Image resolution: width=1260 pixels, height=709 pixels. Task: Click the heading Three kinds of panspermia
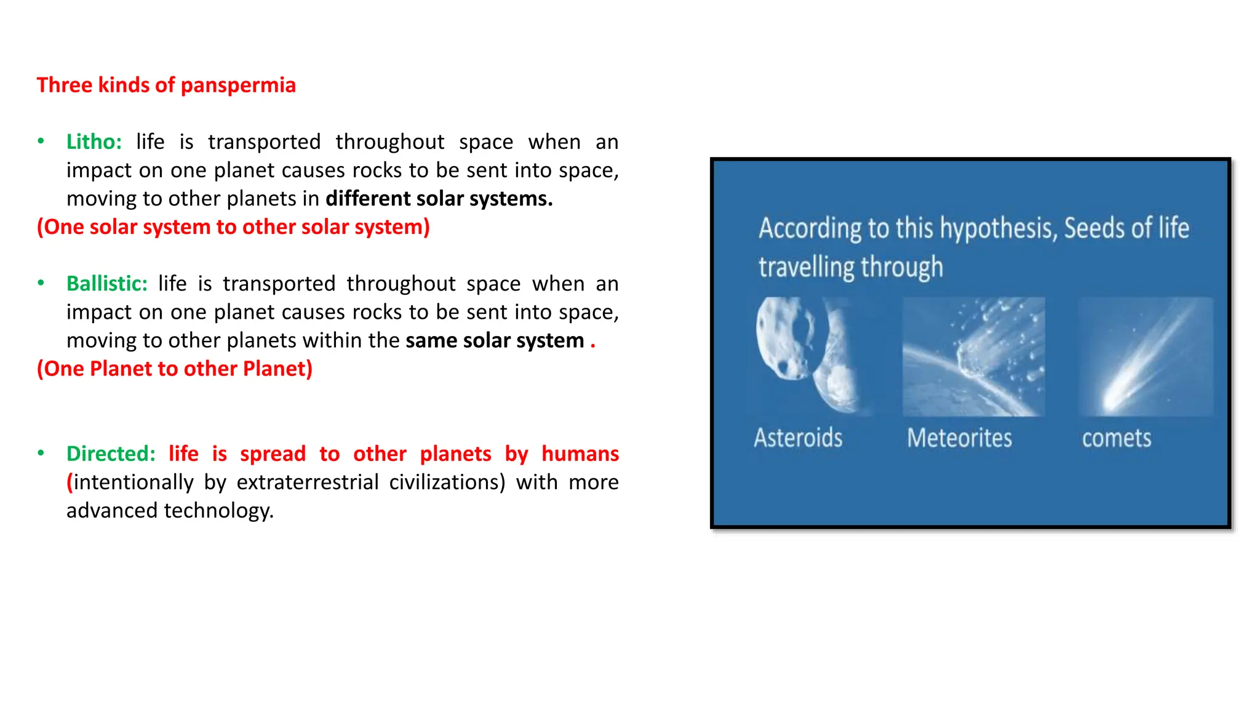coord(166,85)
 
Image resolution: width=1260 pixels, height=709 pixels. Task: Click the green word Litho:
coord(94,142)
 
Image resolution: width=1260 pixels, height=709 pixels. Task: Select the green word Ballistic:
coord(107,284)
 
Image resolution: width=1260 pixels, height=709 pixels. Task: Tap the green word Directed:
coord(111,454)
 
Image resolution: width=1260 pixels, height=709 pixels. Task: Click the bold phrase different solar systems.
coord(439,199)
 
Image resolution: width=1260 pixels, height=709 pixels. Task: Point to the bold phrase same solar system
coord(495,340)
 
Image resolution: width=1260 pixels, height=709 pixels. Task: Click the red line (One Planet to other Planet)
coord(175,369)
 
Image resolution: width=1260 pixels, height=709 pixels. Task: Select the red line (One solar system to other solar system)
coord(233,227)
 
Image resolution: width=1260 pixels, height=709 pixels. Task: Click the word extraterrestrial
coord(308,483)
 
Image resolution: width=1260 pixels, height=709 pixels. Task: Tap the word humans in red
coord(580,454)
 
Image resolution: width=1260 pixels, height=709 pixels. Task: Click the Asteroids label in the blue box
coord(798,438)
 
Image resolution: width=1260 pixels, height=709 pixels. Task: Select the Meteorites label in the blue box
coord(959,438)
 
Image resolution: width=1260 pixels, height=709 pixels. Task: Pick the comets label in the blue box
coord(1117,438)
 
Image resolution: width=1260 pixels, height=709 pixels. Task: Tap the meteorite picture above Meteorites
coord(973,356)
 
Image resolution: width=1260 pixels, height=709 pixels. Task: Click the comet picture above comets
coord(1146,356)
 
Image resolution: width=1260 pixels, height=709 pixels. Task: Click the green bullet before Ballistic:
coord(41,283)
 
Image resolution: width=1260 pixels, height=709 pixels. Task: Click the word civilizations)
coord(447,483)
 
